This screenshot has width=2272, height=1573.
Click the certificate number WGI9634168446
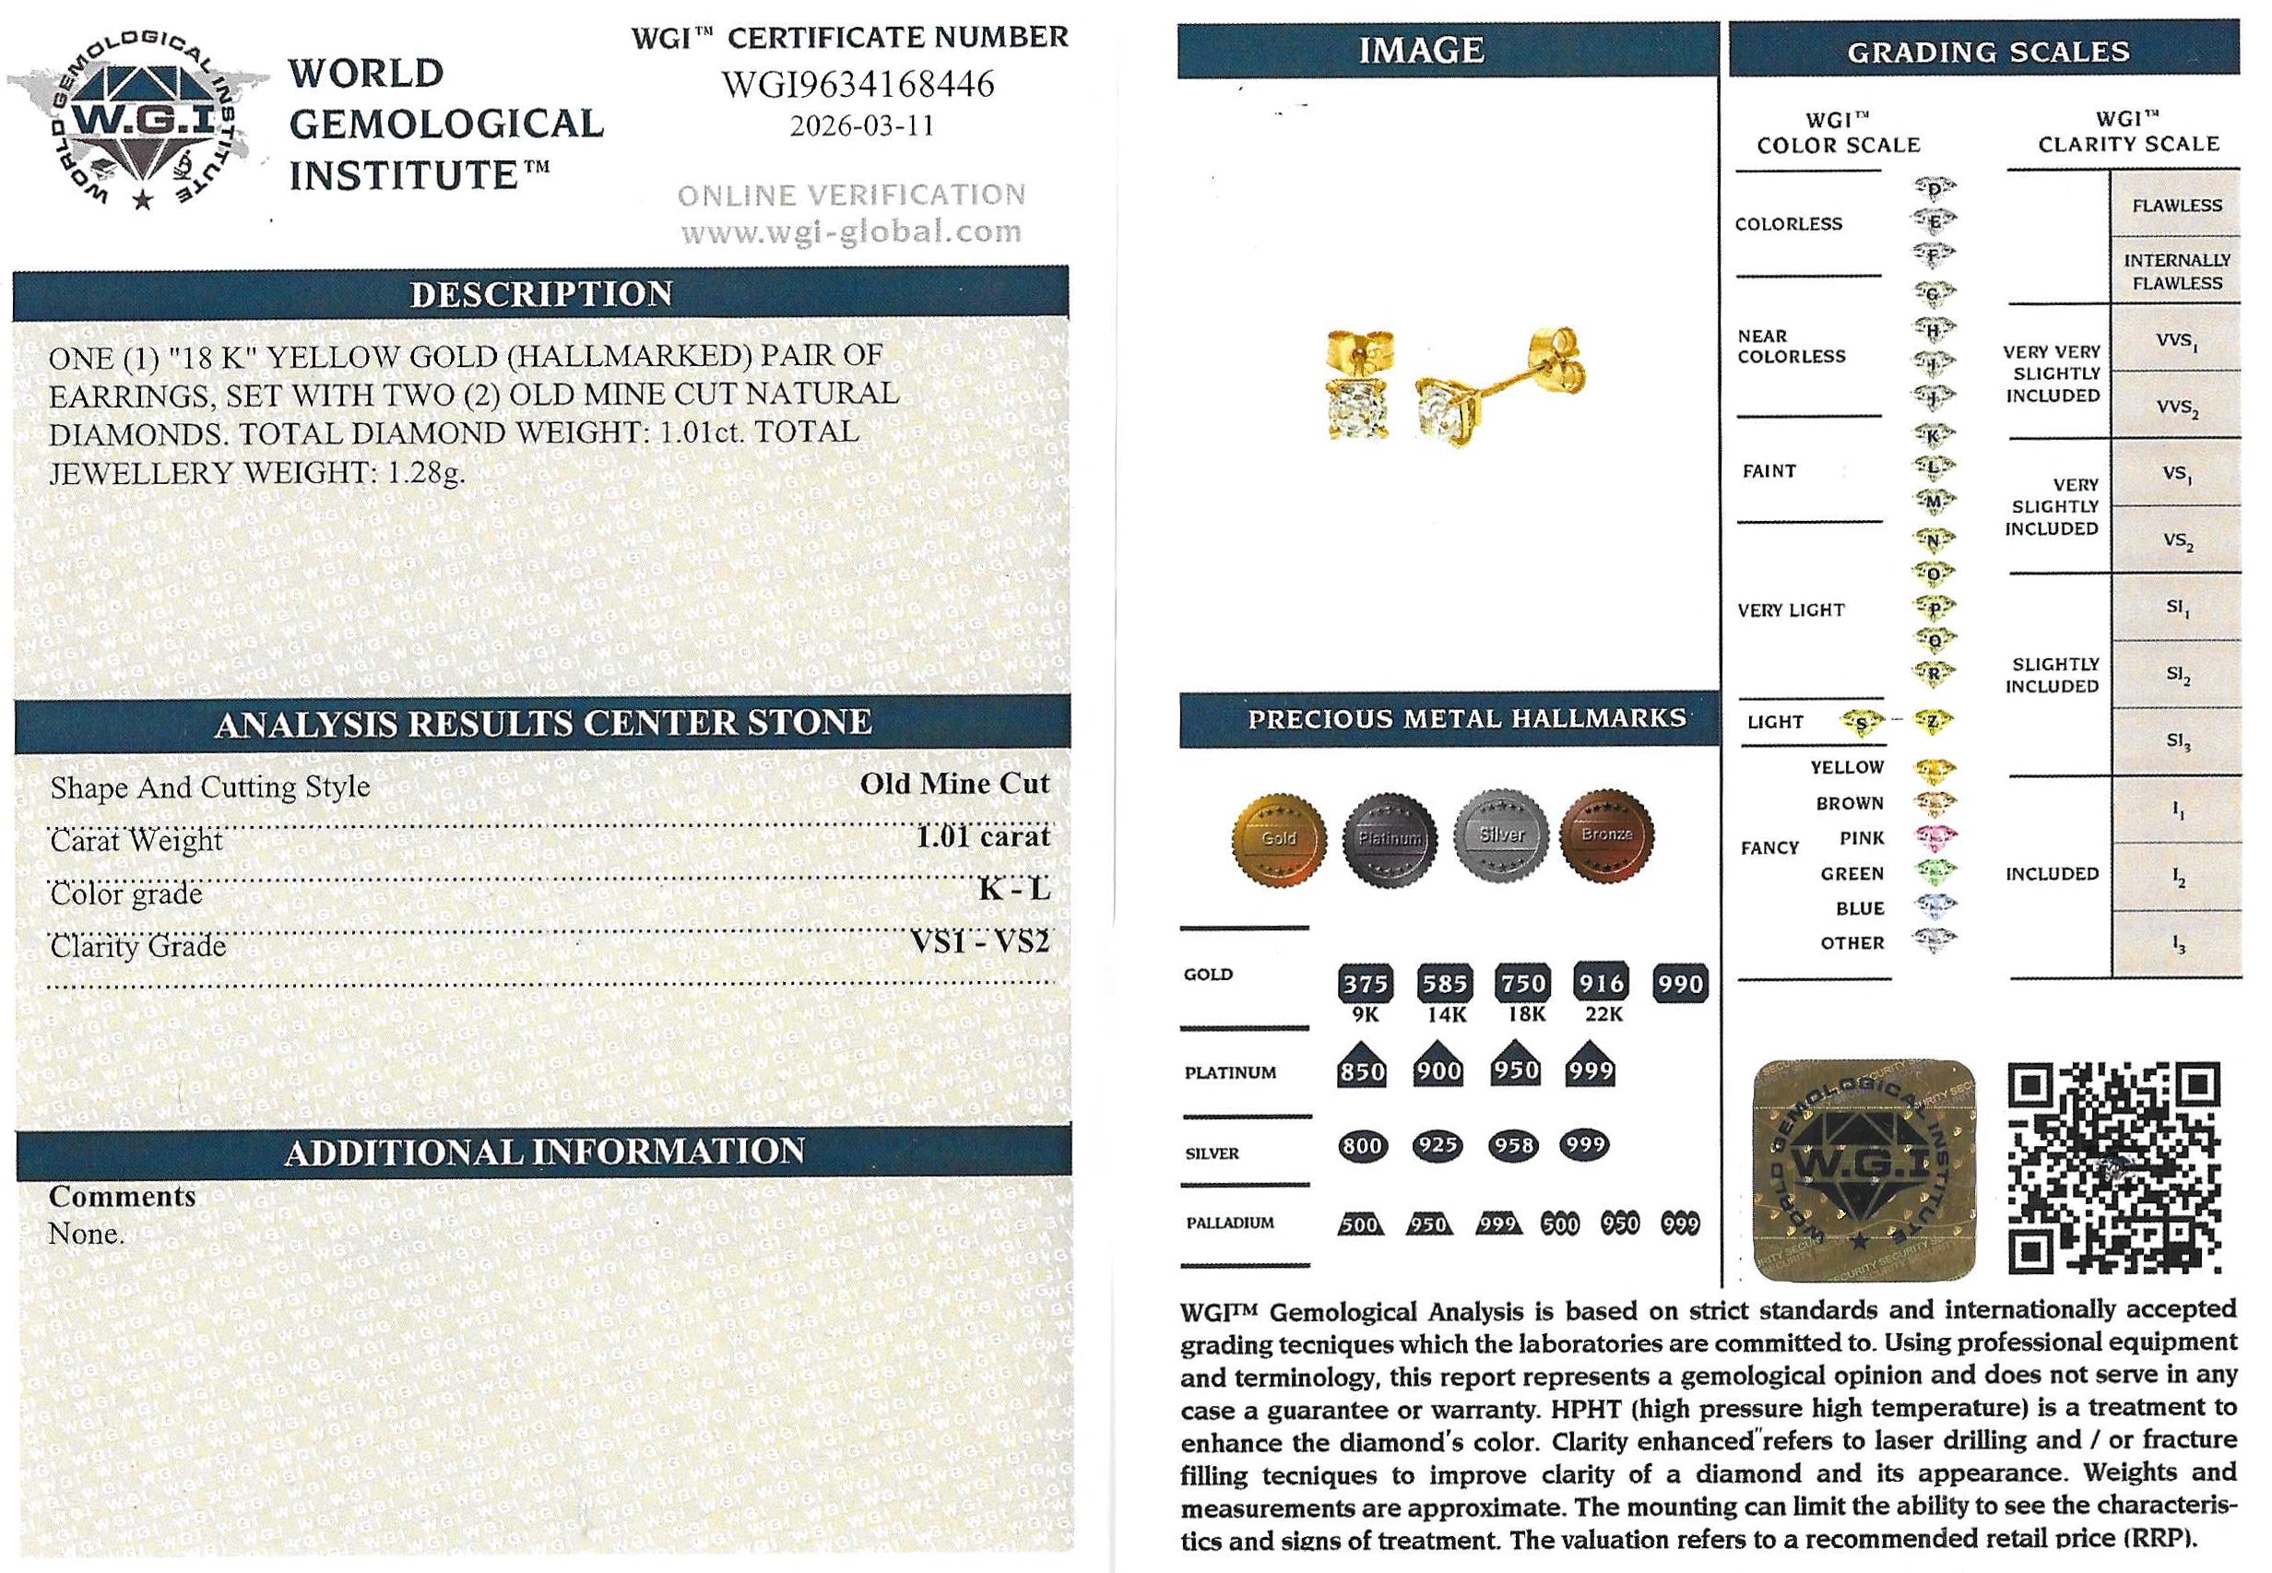click(x=858, y=85)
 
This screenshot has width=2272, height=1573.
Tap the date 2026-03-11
click(x=861, y=126)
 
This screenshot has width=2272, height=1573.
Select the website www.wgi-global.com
click(x=851, y=232)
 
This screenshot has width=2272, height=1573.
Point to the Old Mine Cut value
click(x=954, y=784)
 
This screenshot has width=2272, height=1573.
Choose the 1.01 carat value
click(x=983, y=837)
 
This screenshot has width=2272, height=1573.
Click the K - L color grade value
click(x=1013, y=889)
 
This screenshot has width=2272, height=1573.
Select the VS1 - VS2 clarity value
click(x=980, y=942)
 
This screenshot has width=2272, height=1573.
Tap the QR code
click(x=2113, y=1167)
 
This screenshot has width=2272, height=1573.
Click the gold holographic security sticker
click(x=1865, y=1170)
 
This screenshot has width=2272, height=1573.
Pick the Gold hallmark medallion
click(x=1278, y=838)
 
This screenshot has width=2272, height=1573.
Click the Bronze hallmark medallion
click(x=1606, y=834)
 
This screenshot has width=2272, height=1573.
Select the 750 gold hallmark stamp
click(x=1523, y=983)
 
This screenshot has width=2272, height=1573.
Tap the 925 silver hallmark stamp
click(x=1438, y=1145)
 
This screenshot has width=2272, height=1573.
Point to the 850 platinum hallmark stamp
click(x=1361, y=1070)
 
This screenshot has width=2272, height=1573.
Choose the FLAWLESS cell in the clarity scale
click(x=2176, y=205)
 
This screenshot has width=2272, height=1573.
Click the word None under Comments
click(x=86, y=1233)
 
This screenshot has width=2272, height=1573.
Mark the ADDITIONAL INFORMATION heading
click(x=544, y=1152)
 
